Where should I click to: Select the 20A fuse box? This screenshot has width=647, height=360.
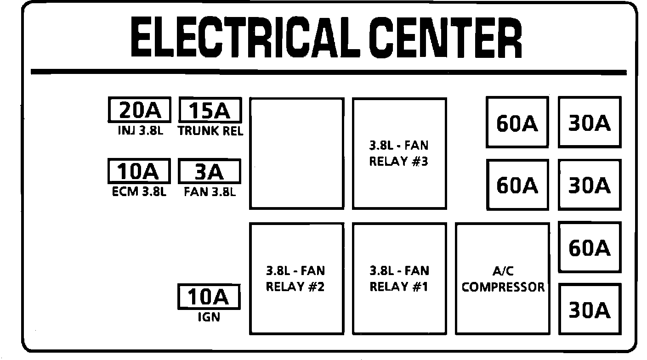coord(139,110)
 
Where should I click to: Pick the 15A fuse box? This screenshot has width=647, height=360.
coord(210,110)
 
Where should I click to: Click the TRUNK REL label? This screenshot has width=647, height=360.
coord(210,131)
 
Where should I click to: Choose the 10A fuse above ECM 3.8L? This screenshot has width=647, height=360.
coord(139,171)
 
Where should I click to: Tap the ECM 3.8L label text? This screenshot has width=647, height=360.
coord(139,192)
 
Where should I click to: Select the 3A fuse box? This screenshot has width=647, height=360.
coord(210,171)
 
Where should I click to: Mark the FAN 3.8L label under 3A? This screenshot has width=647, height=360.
coord(210,192)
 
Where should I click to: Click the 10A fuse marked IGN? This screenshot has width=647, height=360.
coord(210,297)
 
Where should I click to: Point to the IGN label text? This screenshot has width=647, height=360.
coord(209,317)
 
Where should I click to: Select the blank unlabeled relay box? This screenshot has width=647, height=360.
coord(296,153)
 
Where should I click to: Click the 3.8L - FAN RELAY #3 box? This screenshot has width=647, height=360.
coord(399,153)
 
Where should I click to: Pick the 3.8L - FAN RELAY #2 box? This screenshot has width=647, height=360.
coord(296,278)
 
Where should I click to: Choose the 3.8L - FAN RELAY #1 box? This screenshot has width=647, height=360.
coord(399,278)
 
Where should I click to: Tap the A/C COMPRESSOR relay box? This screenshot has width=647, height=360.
coord(503,278)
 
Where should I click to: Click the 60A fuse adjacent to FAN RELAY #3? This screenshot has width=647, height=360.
coord(517,123)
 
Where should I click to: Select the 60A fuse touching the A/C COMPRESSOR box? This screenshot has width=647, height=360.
coord(590,247)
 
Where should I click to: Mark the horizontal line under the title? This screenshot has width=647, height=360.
coord(329,73)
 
